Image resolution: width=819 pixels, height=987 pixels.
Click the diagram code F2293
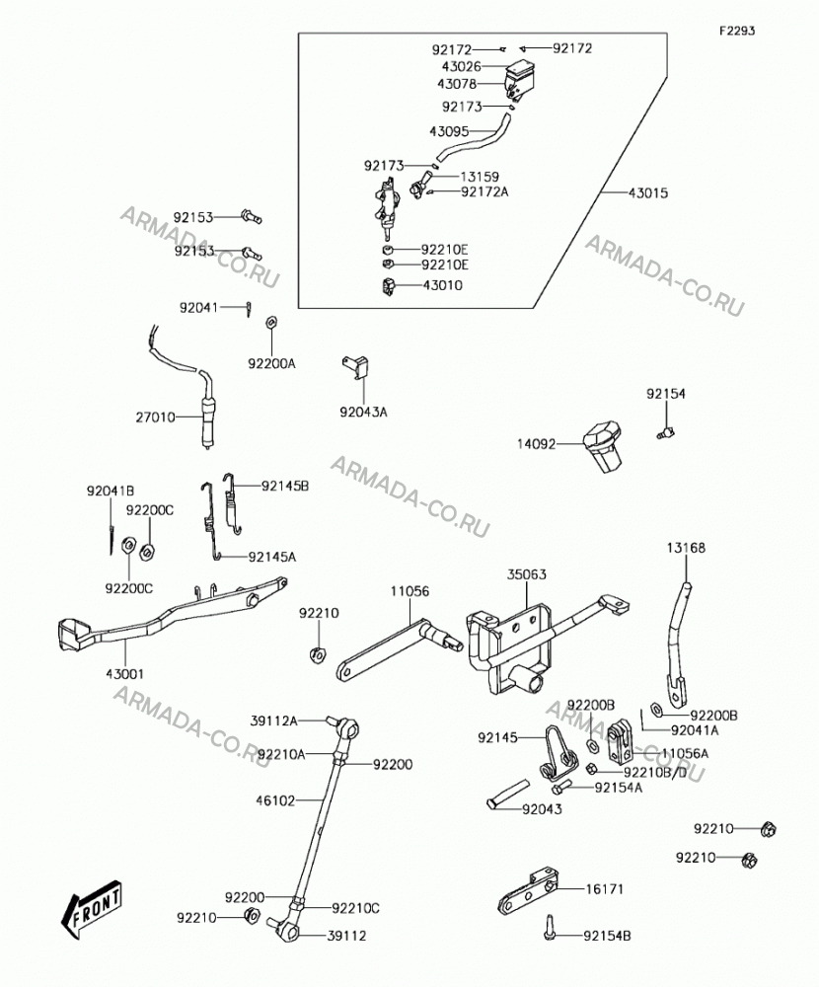point(738,31)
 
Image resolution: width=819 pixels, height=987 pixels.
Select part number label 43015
point(647,192)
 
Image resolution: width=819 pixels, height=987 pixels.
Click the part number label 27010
point(156,417)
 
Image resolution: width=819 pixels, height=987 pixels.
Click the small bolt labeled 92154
point(666,432)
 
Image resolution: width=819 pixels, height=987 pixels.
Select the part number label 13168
point(686,548)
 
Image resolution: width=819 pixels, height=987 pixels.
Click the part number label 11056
point(409,591)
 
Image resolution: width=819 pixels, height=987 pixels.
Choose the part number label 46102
point(275,800)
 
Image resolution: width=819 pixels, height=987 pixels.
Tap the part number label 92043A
point(364,413)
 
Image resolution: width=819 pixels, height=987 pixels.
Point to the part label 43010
point(442,285)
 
